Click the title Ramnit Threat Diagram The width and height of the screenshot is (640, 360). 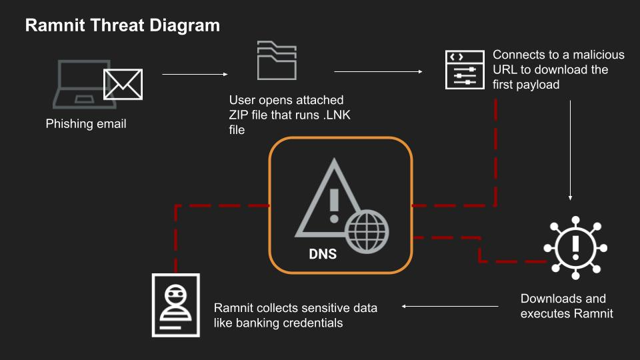tap(123, 25)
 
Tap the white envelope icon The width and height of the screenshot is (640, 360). tap(123, 85)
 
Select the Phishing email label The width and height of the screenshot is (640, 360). tap(86, 124)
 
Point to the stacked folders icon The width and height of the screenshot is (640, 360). tap(277, 60)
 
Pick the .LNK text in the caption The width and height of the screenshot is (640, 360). tap(337, 115)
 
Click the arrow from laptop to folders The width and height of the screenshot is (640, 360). tap(195, 74)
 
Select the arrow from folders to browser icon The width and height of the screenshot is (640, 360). tap(378, 71)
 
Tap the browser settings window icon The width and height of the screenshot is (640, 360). tap(465, 70)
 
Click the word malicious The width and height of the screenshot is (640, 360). tap(599, 55)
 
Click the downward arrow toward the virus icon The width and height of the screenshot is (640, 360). tap(570, 150)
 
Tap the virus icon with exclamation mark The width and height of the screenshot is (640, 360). tap(575, 248)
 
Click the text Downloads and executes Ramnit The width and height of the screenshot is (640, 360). tap(567, 306)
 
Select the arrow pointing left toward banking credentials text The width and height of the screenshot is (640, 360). tap(450, 306)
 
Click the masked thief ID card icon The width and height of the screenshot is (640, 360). tap(176, 305)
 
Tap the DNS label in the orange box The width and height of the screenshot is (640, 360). tap(323, 254)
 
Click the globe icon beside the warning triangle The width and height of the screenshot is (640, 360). tap(367, 231)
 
